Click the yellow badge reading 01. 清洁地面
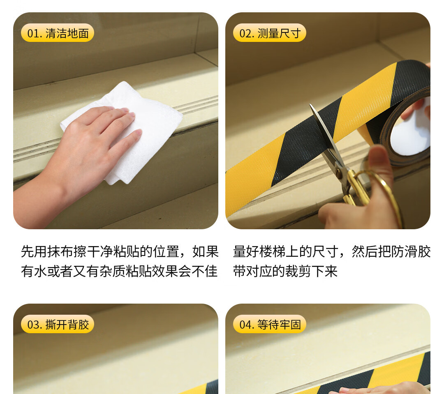click(58, 33)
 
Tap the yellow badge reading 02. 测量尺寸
click(270, 33)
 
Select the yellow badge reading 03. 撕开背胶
click(58, 324)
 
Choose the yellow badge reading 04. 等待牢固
click(270, 324)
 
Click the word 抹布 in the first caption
click(60, 251)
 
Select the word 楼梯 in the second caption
click(273, 251)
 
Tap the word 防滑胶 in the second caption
click(411, 251)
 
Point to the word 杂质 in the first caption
click(113, 271)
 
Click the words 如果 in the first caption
click(205, 251)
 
